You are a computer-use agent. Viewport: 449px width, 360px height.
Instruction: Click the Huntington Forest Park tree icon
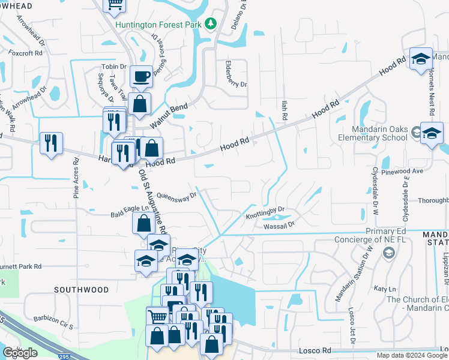click(211, 23)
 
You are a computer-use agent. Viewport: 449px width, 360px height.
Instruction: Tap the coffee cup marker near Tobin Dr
click(141, 77)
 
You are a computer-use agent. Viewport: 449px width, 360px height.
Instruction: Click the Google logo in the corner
click(20, 353)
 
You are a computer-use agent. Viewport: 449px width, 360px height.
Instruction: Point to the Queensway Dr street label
click(176, 196)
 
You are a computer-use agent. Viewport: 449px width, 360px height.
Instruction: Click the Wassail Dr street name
click(279, 225)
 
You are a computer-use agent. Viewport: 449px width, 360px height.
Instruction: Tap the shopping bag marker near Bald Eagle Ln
click(143, 224)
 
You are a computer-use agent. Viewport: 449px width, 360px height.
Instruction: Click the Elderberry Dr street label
click(235, 76)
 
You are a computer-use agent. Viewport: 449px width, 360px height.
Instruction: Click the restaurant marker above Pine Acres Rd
click(51, 143)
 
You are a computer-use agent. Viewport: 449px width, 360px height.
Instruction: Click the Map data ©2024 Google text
click(412, 355)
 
